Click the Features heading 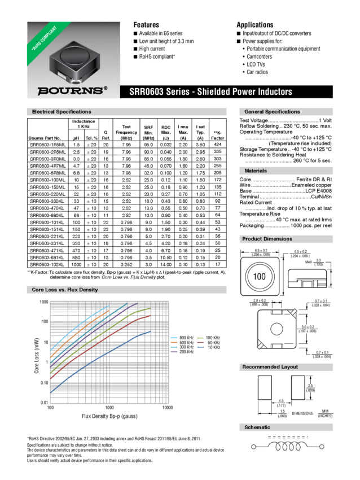[146, 25]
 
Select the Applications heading [254, 25]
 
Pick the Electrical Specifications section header [62, 112]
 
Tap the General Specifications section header [271, 112]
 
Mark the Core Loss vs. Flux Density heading [65, 290]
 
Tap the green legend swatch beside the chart [200, 338]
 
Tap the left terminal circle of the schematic [253, 446]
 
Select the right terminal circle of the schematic [321, 446]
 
